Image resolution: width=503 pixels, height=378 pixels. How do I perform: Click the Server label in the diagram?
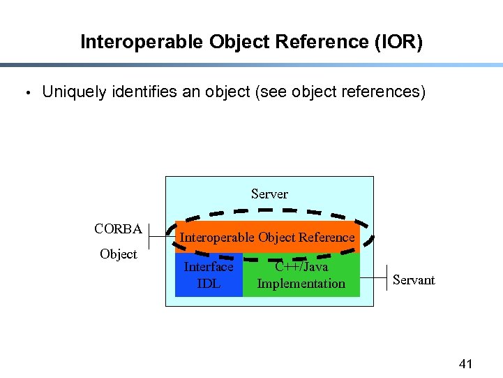tap(269, 194)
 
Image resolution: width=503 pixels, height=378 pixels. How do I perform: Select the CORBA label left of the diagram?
tap(118, 229)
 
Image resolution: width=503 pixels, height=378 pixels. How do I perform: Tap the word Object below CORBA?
tap(118, 254)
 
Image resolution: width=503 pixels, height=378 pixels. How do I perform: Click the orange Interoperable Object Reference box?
tap(267, 238)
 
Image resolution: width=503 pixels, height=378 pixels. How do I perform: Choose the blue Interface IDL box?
tap(209, 275)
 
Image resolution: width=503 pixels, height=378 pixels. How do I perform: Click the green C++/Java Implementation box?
tap(301, 275)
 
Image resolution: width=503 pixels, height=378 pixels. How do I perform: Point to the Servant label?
tap(413, 280)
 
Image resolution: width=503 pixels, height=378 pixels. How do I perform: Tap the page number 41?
tap(465, 363)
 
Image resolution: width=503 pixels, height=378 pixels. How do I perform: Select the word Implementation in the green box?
tap(301, 284)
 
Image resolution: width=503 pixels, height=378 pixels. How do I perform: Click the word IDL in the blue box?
tap(209, 284)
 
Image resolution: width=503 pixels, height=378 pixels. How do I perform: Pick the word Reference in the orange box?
tap(327, 238)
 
